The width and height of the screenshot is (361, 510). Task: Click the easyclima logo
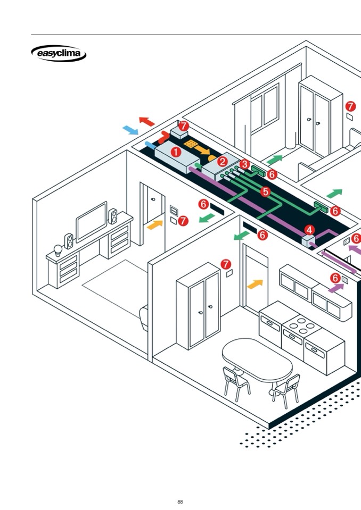(x=59, y=54)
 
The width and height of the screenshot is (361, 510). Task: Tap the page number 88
(x=180, y=501)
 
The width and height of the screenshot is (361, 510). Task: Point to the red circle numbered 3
(x=244, y=164)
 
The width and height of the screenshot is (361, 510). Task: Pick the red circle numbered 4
(x=309, y=230)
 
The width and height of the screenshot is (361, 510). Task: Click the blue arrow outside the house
(x=130, y=130)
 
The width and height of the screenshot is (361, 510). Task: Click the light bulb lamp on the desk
(x=58, y=250)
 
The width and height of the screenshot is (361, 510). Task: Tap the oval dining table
(x=257, y=359)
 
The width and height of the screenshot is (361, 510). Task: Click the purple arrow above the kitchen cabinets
(x=335, y=288)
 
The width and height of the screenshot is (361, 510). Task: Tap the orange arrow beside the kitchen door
(x=255, y=285)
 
